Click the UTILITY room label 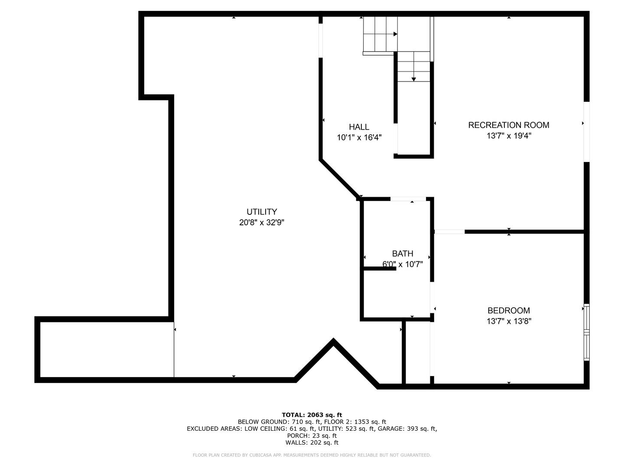262,212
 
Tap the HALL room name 359,127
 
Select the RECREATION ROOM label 509,125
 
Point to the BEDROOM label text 509,310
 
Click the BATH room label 403,253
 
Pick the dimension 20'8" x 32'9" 262,222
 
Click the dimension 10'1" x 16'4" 359,137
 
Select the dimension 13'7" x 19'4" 509,136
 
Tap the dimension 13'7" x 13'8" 509,321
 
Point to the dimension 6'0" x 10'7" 403,264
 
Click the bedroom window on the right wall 586,332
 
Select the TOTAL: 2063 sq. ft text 312,415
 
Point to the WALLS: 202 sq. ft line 312,442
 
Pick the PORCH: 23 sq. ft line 312,435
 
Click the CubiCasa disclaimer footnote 312,455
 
